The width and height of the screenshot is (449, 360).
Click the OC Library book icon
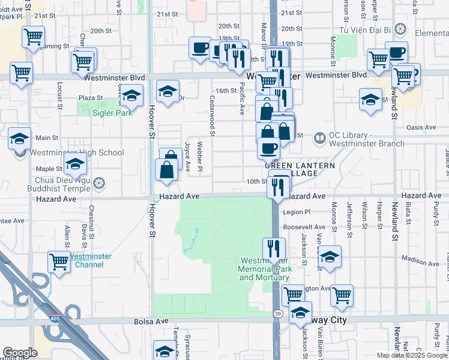click(x=319, y=139)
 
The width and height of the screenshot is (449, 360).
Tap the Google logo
click(x=20, y=353)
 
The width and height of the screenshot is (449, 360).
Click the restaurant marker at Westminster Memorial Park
click(x=274, y=248)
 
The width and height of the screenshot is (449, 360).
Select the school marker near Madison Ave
click(x=330, y=257)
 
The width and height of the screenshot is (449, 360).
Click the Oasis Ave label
click(x=421, y=127)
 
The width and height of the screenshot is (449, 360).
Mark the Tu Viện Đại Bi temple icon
click(x=401, y=29)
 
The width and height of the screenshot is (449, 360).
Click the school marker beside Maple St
click(x=76, y=164)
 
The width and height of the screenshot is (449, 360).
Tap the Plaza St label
click(x=91, y=98)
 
